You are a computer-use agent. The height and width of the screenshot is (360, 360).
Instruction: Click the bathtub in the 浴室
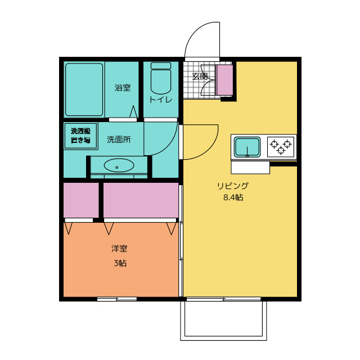(x=84, y=89)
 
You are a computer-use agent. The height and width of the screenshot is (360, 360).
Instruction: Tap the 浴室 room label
(x=123, y=88)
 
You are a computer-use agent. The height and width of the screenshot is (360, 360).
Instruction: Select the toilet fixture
(x=161, y=78)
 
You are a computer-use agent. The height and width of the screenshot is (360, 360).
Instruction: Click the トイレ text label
(x=161, y=100)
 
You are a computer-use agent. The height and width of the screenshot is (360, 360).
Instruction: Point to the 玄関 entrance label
(x=200, y=76)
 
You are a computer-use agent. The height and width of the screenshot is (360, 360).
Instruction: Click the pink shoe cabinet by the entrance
(x=225, y=80)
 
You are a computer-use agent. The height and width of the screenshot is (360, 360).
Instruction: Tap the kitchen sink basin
(x=247, y=147)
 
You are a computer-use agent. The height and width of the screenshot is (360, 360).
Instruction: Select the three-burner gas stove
(x=281, y=147)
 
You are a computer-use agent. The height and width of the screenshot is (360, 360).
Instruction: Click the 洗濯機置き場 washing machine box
(x=81, y=136)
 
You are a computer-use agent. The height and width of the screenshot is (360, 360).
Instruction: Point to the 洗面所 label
(x=119, y=139)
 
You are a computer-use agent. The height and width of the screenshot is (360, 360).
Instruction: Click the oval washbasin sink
(x=119, y=165)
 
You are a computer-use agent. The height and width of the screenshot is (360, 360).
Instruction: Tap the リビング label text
(x=233, y=186)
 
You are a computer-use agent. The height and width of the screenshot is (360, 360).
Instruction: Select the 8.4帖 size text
(x=233, y=197)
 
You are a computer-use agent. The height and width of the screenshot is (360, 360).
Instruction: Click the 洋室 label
(x=119, y=249)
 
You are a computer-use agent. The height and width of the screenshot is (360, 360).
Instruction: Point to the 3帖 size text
(x=120, y=263)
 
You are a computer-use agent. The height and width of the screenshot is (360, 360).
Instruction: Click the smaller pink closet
(x=81, y=200)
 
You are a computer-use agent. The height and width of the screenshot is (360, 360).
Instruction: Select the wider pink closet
(x=141, y=200)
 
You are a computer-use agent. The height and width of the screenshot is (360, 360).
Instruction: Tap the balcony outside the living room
(x=223, y=321)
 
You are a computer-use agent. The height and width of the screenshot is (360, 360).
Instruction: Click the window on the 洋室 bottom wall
(x=117, y=299)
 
